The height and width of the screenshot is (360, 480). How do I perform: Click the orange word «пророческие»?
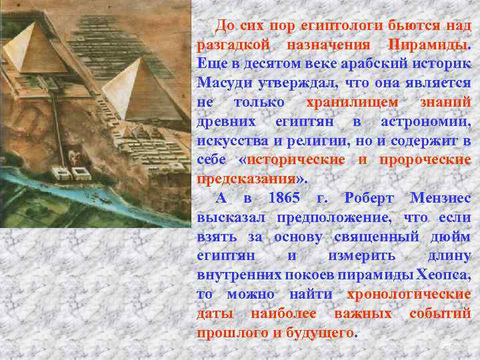coord(425,160)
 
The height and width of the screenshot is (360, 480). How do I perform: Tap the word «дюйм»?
coord(455,237)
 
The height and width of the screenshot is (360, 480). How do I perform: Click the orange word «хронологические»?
coord(409,295)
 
